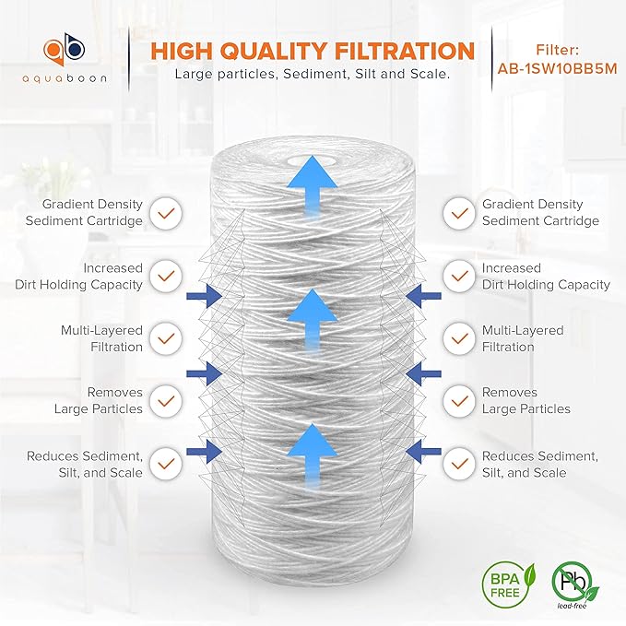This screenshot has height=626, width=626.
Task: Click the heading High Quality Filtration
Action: point(313,50)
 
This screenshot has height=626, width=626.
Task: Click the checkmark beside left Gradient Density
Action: point(167,213)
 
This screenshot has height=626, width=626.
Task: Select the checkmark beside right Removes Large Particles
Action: point(458,401)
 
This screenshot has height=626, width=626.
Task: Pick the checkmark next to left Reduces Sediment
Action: point(167,464)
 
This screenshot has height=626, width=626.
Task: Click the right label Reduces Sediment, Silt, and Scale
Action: point(540,465)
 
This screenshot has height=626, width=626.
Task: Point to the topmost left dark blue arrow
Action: point(203,295)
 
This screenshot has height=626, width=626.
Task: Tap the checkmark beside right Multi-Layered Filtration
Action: point(458,338)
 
